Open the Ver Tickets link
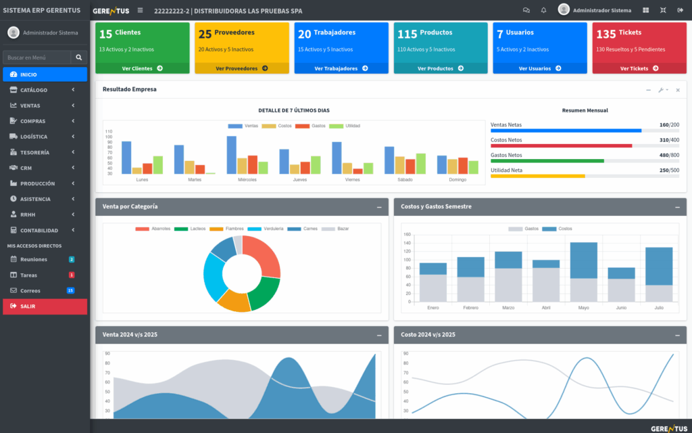click(x=639, y=68)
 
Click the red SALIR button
click(x=45, y=306)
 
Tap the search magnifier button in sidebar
click(x=79, y=58)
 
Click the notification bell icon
click(x=544, y=10)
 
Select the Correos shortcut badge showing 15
click(x=70, y=291)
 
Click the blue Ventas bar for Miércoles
click(x=232, y=155)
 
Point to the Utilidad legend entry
click(x=349, y=126)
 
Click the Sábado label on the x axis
click(x=405, y=180)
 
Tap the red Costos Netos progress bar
click(x=561, y=145)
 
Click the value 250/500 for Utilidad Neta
click(x=669, y=170)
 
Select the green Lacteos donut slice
click(x=265, y=291)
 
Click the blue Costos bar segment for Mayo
click(x=583, y=260)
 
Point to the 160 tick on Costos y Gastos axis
click(x=407, y=235)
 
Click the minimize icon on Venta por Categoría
click(x=378, y=206)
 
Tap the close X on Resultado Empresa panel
click(x=678, y=90)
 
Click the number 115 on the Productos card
click(x=407, y=34)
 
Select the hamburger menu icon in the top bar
click(x=140, y=10)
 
